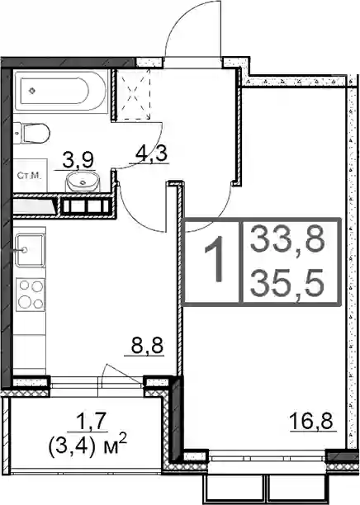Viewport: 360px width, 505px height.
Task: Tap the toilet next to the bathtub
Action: pos(32,134)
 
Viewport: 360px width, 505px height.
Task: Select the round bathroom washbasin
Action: pos(83,182)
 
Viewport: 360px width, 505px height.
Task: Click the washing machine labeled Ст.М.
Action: pos(30,176)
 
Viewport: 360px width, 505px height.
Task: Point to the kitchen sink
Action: pos(30,250)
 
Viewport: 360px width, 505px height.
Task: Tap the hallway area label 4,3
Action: pos(151,154)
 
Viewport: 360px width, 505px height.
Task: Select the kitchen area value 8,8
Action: pos(147,347)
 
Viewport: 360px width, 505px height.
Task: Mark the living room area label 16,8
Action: pos(310,422)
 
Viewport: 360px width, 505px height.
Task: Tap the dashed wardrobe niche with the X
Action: pos(134,94)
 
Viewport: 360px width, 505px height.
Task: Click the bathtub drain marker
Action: pos(32,91)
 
